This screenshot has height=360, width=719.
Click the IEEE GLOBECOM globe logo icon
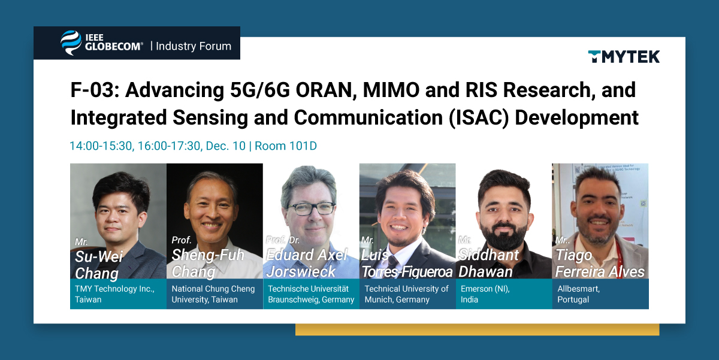point(71,43)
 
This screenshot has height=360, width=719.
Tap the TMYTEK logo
point(624,57)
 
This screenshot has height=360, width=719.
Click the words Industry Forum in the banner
point(193,46)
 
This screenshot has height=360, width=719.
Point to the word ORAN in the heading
point(327,90)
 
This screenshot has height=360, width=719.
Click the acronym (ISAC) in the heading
point(479,117)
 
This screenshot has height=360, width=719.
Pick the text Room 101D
point(286,146)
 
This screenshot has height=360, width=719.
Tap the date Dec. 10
point(226,146)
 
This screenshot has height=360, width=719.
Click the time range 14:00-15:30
point(101,146)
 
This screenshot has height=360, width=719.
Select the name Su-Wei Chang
point(99,265)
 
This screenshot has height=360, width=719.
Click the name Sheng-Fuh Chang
point(208,263)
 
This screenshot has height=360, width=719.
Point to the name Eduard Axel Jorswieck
point(307,263)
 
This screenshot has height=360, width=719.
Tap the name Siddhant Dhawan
point(488,263)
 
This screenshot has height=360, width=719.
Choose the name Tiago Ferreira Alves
point(600,263)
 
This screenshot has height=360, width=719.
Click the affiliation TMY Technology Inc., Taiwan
point(114,294)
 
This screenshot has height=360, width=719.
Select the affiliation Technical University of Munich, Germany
point(406,294)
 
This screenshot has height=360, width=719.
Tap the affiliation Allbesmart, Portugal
point(578,294)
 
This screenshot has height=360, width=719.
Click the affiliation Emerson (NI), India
point(485,294)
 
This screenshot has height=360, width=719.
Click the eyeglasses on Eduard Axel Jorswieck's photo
point(311,209)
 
